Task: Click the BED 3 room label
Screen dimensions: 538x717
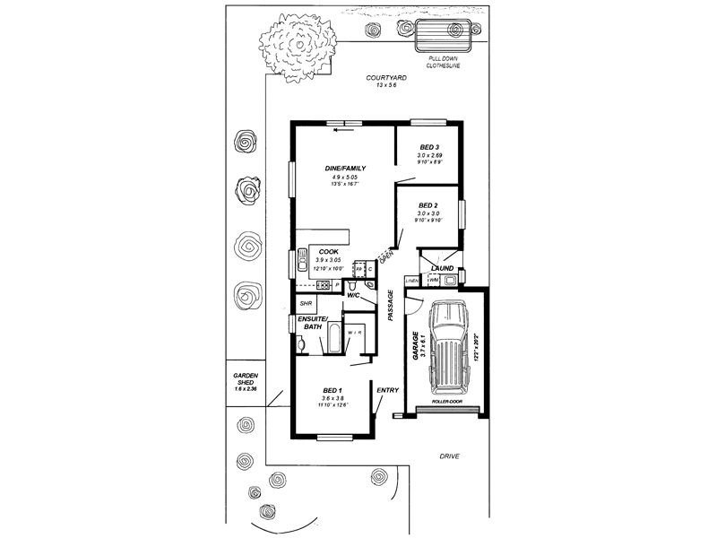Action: pyautogui.click(x=429, y=146)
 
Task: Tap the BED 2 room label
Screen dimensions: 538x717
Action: pyautogui.click(x=428, y=204)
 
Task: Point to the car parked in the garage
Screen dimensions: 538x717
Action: pyautogui.click(x=445, y=348)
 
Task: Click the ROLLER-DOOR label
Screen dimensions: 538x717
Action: pyautogui.click(x=445, y=403)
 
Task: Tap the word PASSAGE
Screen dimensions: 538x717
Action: pyautogui.click(x=391, y=305)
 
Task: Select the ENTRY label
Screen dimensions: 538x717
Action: pyautogui.click(x=387, y=390)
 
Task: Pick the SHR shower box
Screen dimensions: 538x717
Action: pyautogui.click(x=306, y=304)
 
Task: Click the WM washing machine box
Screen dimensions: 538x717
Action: pyautogui.click(x=435, y=281)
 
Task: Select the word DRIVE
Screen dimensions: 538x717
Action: pyautogui.click(x=449, y=456)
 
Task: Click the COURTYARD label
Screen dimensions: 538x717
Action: pyautogui.click(x=386, y=78)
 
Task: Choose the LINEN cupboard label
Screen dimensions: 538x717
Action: pyautogui.click(x=412, y=281)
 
